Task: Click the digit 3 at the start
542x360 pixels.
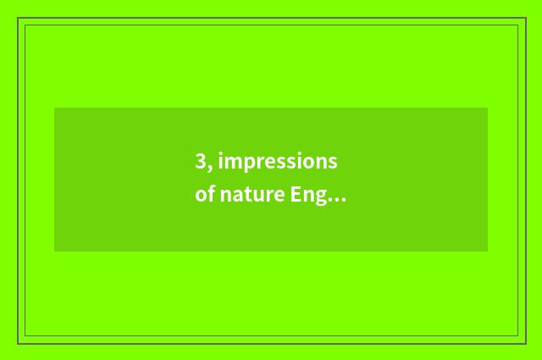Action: tap(201, 162)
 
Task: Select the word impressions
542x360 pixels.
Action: tap(277, 163)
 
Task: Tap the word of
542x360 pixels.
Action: tap(204, 196)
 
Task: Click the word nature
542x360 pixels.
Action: tap(252, 196)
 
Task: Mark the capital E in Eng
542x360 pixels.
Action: tap(296, 195)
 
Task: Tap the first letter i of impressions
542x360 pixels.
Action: tap(219, 161)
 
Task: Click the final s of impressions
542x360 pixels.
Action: tap(333, 163)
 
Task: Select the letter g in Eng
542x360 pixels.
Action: tap(321, 198)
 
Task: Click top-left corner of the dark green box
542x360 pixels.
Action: tap(55, 108)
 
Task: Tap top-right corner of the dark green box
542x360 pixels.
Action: tap(487, 108)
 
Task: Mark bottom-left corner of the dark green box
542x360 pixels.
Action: tap(55, 251)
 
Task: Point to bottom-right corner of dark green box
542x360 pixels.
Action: tap(487, 251)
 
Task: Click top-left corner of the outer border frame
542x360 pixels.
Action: tap(18, 18)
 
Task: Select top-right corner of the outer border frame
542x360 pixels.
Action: tap(524, 18)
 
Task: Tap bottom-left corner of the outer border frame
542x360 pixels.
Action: tap(18, 343)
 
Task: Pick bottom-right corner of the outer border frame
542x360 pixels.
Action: tap(524, 343)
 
